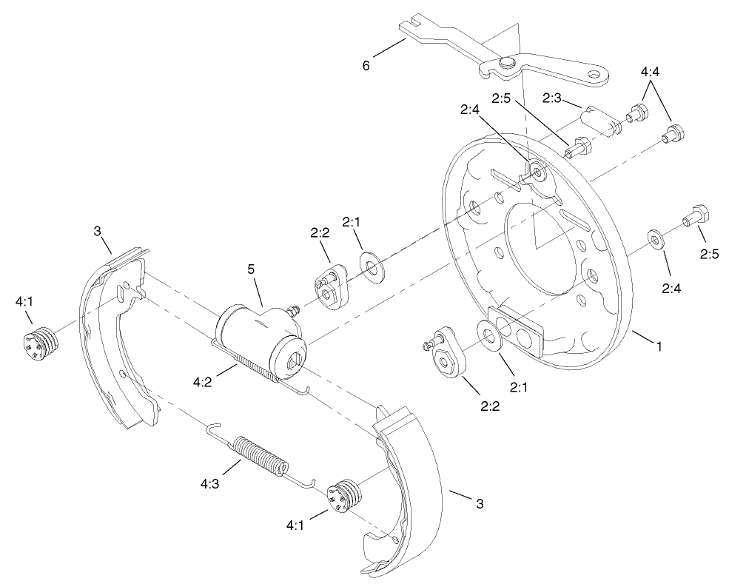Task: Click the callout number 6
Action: click(366, 65)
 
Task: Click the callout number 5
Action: click(252, 269)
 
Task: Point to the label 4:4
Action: click(651, 72)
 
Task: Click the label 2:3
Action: click(553, 98)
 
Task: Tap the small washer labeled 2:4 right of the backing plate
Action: click(655, 238)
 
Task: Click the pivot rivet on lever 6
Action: click(507, 64)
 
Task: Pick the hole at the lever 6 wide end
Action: click(594, 73)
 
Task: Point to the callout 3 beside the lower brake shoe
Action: click(479, 504)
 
